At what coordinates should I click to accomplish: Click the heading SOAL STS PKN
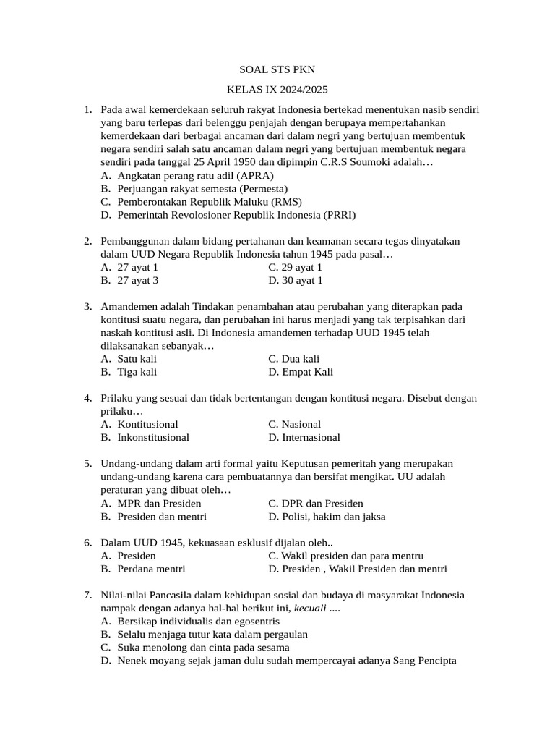click(x=277, y=70)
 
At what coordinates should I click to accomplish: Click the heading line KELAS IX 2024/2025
click(x=277, y=90)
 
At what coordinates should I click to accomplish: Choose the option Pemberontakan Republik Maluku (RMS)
click(x=210, y=202)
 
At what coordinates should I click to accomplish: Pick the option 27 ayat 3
click(x=138, y=280)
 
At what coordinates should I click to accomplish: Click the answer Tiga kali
click(x=137, y=372)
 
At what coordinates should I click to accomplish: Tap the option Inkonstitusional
click(x=153, y=437)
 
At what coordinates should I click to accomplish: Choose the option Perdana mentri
click(x=151, y=569)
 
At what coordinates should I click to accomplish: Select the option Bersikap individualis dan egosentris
click(x=198, y=621)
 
